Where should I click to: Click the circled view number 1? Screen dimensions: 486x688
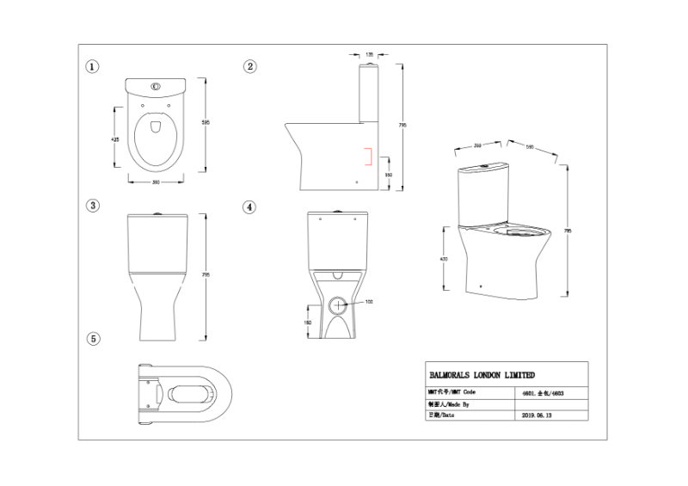[x=92, y=66]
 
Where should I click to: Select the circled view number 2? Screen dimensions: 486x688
[x=249, y=66]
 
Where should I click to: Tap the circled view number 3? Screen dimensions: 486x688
[x=92, y=206]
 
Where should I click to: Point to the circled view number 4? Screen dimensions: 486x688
[x=249, y=207]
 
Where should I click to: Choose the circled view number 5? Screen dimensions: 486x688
[x=92, y=338]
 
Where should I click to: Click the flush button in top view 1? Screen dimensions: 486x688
[x=156, y=86]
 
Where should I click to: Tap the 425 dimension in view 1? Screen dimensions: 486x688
[x=114, y=138]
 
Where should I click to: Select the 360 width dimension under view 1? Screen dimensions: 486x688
[x=156, y=182]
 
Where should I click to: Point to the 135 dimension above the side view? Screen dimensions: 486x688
[x=369, y=53]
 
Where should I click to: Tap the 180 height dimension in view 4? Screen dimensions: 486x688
[x=308, y=323]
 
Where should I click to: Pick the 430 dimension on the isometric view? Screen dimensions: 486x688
[x=445, y=260]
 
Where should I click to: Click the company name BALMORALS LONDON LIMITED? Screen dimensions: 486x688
[x=482, y=375]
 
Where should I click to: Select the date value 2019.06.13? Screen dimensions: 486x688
[x=538, y=414]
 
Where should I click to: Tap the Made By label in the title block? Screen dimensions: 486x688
[x=448, y=403]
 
